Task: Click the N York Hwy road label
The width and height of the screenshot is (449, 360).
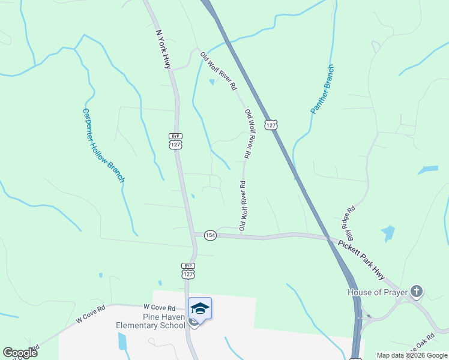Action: tap(163, 49)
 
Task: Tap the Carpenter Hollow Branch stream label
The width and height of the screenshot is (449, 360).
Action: tap(103, 145)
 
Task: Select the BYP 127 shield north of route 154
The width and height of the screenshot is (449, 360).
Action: tap(175, 142)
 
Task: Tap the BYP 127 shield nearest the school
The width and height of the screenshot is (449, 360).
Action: tap(188, 270)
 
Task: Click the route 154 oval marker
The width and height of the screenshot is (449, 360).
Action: tap(209, 235)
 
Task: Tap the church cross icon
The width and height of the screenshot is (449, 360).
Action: tap(417, 293)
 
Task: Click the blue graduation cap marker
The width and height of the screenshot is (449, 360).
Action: tap(200, 308)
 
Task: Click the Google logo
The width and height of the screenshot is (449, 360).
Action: tap(20, 352)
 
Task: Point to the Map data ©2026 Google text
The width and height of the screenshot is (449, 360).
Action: tap(411, 355)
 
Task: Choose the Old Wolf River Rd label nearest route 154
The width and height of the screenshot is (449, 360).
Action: tap(243, 206)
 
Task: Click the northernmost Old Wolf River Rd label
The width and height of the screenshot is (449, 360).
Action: tap(218, 71)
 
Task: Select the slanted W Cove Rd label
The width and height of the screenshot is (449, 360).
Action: tap(91, 314)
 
